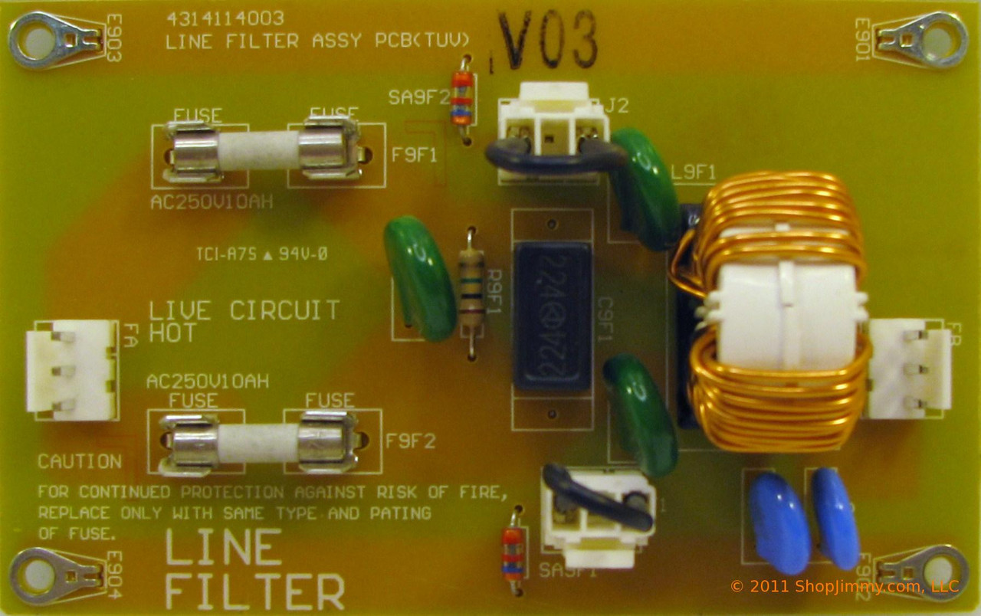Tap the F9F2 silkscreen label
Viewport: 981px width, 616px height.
click(x=410, y=441)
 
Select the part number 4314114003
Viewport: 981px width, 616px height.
click(x=225, y=18)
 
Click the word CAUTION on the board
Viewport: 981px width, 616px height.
click(x=80, y=461)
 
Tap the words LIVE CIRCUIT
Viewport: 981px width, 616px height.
click(x=244, y=311)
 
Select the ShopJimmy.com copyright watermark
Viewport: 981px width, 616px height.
click(x=843, y=587)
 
